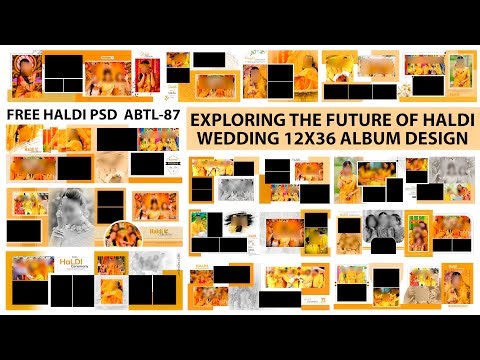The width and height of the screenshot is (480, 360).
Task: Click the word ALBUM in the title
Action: point(378,139)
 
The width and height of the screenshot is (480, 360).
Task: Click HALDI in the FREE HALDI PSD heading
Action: point(68,114)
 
